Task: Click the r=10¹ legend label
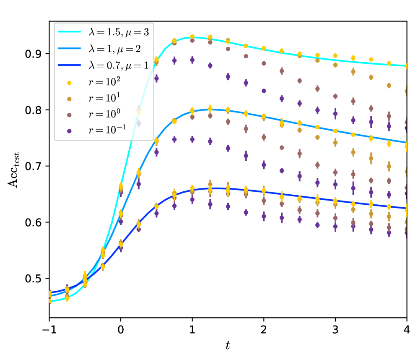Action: [x=103, y=98]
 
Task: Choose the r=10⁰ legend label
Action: [x=103, y=115]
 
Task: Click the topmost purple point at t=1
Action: [x=192, y=60]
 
